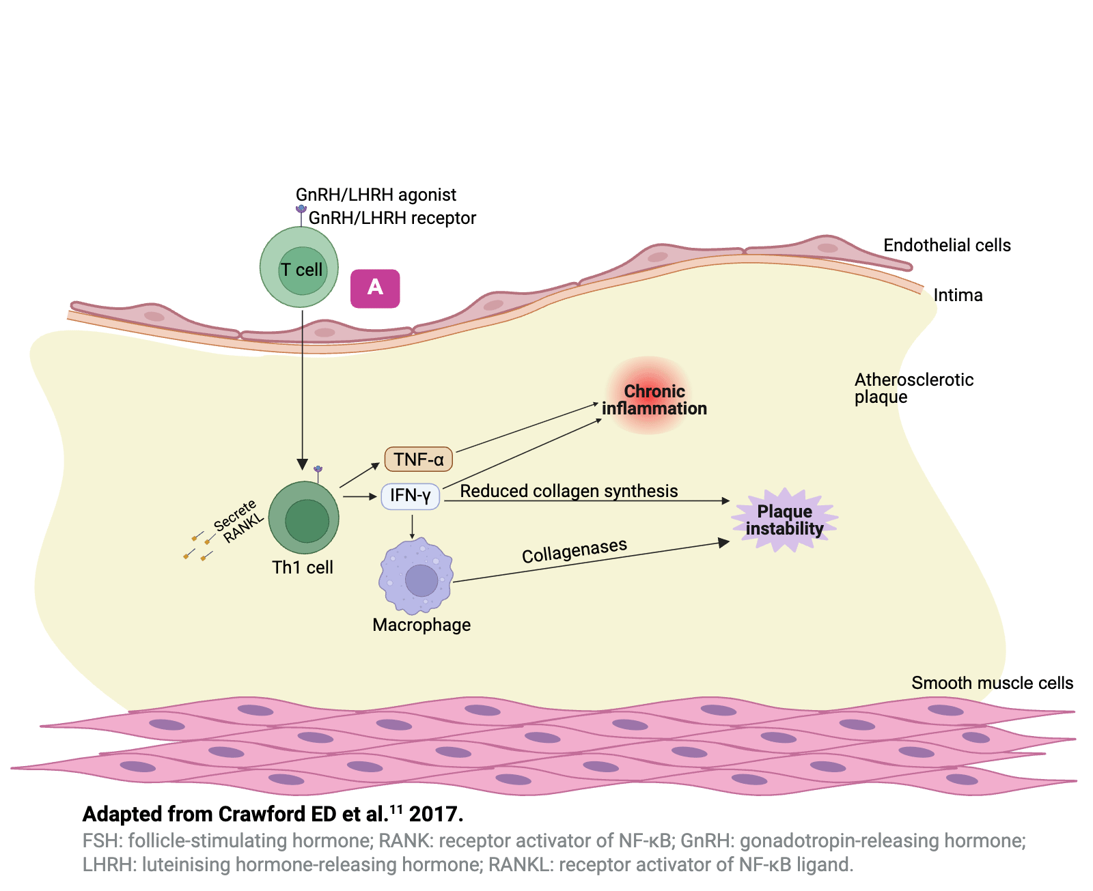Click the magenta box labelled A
375,288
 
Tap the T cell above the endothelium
299,268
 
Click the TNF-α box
419,459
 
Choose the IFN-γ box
411,496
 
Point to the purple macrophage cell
416,576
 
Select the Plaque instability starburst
784,520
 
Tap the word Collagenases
575,550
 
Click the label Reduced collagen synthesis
569,491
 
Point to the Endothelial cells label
947,246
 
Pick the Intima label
958,296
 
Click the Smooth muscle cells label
992,683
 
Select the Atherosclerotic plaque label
913,388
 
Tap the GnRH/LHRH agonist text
376,195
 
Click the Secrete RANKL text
238,521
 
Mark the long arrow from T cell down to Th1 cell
303,389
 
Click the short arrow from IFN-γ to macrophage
412,526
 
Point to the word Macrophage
421,625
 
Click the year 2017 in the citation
436,815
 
